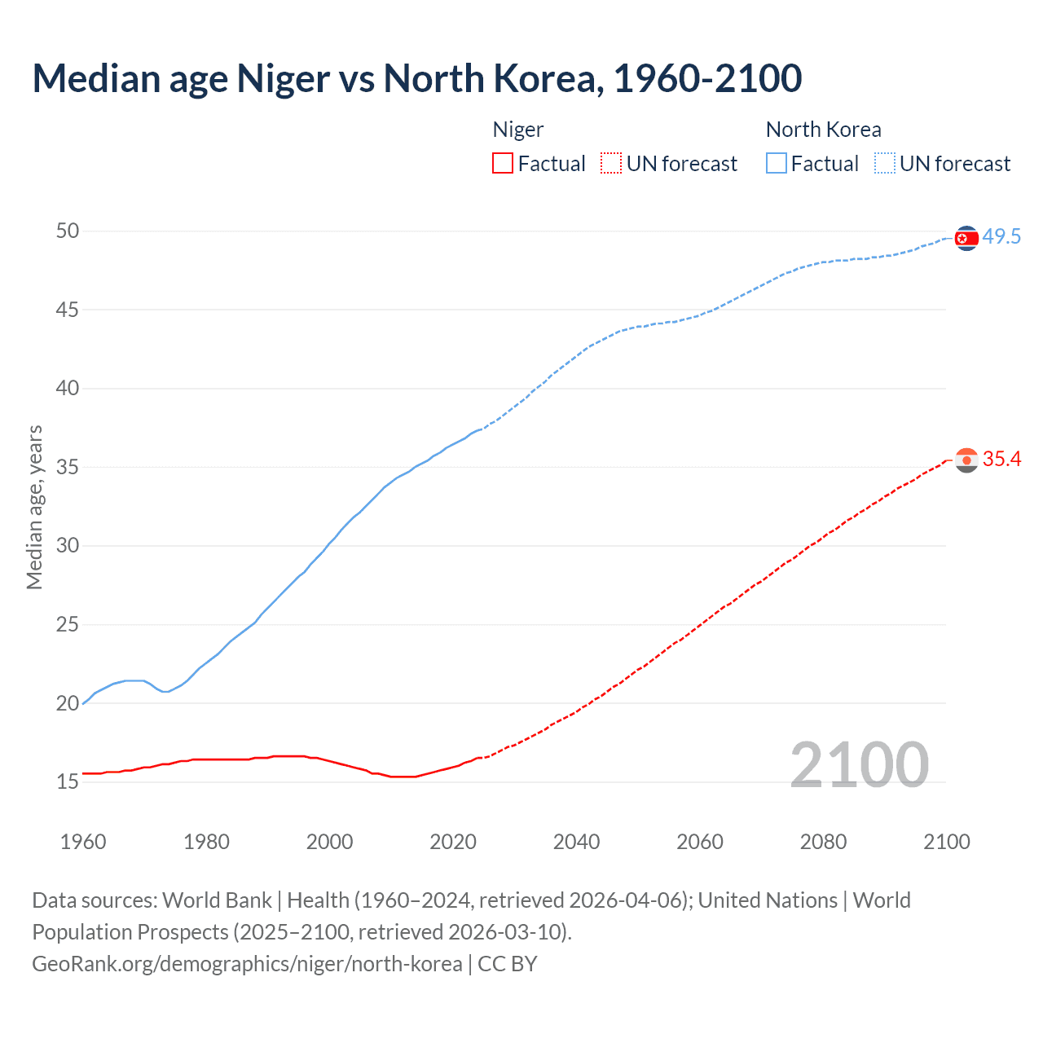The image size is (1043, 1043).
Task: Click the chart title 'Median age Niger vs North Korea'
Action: tap(416, 78)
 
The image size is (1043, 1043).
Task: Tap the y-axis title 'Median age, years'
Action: tap(34, 507)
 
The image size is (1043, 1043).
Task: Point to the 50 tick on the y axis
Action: tap(68, 231)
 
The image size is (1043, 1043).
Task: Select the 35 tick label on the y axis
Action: tap(68, 468)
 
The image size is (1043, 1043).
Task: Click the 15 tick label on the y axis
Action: tap(68, 782)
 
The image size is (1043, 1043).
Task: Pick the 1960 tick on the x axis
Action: tap(83, 842)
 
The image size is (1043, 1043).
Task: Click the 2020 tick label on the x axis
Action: tap(453, 842)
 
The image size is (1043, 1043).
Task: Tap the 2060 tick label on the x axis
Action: tap(700, 842)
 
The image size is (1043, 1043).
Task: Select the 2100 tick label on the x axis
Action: tap(947, 842)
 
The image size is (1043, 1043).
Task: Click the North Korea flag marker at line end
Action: tap(966, 238)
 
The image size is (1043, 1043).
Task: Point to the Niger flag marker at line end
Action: tap(966, 460)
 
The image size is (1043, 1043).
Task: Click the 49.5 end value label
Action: tap(1001, 237)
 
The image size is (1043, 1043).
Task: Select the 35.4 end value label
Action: tap(1001, 460)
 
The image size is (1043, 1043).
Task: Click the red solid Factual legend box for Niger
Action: tap(503, 164)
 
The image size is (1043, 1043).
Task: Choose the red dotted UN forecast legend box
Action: tap(611, 164)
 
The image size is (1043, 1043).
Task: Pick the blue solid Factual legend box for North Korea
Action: tap(776, 164)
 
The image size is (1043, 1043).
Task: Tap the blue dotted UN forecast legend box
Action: tap(884, 164)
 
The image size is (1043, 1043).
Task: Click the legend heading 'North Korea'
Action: tap(823, 130)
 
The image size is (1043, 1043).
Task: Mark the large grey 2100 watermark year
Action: tap(860, 765)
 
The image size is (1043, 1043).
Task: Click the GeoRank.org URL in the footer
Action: tap(247, 964)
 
